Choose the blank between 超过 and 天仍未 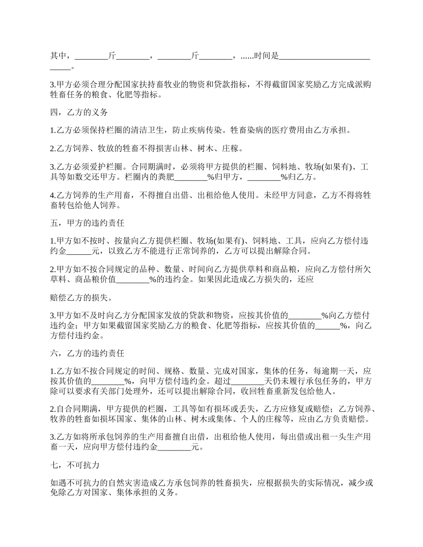point(248,381)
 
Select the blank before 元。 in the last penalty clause point(175,448)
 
